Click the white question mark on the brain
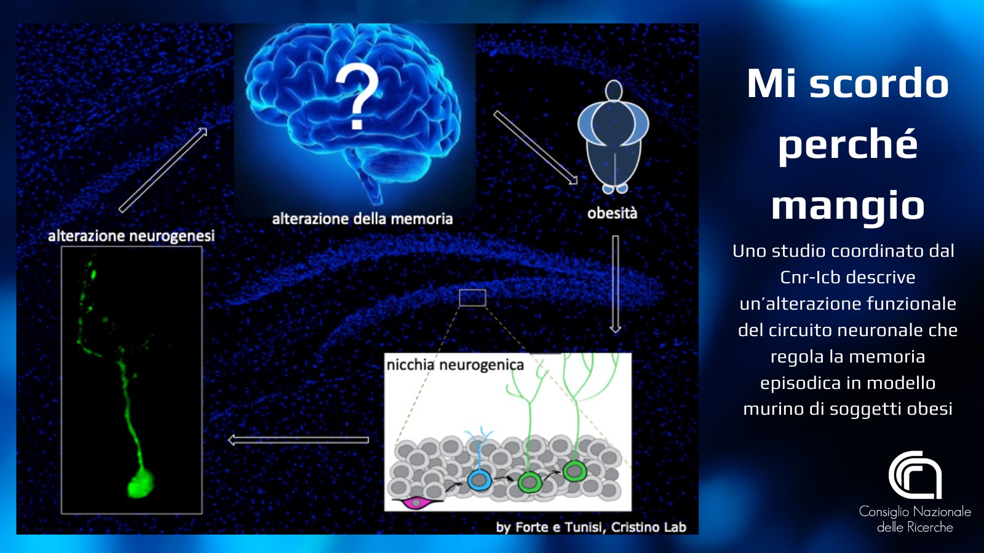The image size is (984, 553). [x=357, y=96]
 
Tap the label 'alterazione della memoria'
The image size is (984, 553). [x=362, y=219]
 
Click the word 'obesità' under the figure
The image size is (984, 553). [x=612, y=213]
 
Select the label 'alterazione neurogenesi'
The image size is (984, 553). [x=132, y=236]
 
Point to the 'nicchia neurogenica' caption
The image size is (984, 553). [x=455, y=365]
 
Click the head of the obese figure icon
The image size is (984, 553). [x=614, y=91]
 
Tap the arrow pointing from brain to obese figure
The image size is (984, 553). [x=536, y=147]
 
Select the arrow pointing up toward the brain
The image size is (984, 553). [x=163, y=170]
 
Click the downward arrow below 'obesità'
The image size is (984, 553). [x=616, y=284]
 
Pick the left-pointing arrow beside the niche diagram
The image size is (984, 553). [x=299, y=440]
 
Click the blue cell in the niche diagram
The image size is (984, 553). [x=478, y=480]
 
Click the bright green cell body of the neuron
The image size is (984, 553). [x=141, y=483]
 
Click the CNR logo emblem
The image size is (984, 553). [x=915, y=475]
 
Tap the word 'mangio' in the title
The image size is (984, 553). [x=848, y=205]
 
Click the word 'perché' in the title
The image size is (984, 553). [x=848, y=145]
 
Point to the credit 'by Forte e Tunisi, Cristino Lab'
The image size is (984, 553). [x=591, y=527]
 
